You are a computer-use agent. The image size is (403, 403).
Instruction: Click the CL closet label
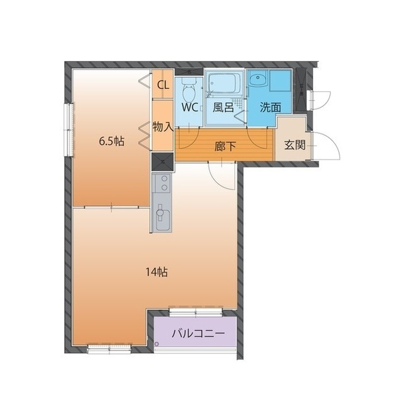tap(163, 85)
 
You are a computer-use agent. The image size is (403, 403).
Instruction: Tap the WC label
tap(190, 107)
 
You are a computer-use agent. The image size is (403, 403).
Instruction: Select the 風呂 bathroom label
tap(223, 107)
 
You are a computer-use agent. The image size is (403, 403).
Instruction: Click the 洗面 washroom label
tap(270, 107)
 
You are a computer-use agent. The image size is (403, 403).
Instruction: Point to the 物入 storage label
tap(162, 127)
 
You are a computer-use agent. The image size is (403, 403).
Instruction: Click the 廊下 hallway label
tap(225, 147)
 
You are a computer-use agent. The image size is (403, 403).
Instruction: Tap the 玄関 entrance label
tap(295, 146)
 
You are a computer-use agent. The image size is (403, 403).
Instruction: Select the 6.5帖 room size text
tap(111, 141)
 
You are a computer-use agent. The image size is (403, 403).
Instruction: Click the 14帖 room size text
tap(157, 272)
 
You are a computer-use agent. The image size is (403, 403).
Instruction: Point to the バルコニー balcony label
tap(198, 334)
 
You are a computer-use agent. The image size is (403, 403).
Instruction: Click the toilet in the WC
tap(189, 90)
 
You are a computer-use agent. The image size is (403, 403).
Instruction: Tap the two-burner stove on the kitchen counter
tap(162, 183)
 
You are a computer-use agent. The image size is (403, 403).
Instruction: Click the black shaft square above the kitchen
tap(162, 161)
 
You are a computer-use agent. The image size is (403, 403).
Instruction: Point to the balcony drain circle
tap(157, 344)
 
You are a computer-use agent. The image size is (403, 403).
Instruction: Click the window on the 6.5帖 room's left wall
tap(69, 130)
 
